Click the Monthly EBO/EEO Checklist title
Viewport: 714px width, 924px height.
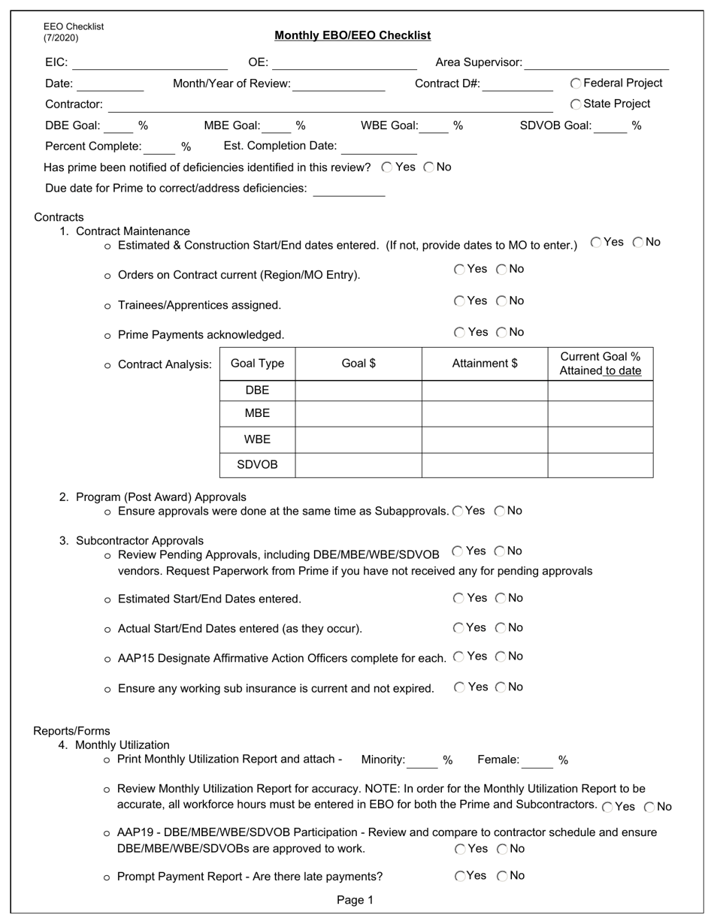352,35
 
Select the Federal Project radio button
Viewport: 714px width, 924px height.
576,83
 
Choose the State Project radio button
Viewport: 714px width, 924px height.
576,104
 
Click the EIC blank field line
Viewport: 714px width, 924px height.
150,64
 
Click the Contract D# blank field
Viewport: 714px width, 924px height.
517,85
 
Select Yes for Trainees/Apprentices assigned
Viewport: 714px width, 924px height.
459,301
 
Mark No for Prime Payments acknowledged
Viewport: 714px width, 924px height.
501,332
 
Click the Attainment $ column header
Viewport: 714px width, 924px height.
485,364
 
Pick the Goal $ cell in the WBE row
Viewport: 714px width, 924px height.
359,439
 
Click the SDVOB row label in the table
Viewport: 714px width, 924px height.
257,465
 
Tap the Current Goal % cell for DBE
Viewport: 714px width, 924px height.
600,391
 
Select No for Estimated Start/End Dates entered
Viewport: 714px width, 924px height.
501,599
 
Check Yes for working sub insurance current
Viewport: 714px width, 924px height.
459,687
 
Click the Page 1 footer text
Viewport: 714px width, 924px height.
355,900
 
